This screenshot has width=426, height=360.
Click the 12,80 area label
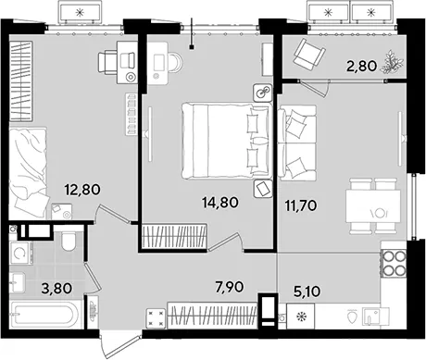pyautogui.click(x=82, y=190)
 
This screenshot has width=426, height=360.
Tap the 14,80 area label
pyautogui.click(x=220, y=203)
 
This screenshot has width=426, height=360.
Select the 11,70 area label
pyautogui.click(x=301, y=205)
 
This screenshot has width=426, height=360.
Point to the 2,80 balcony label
pyautogui.click(x=361, y=66)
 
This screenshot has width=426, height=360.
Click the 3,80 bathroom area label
pyautogui.click(x=56, y=289)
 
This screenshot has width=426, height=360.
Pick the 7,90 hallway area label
pyautogui.click(x=229, y=287)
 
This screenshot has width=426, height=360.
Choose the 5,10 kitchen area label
pyautogui.click(x=307, y=292)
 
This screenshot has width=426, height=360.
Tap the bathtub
pyautogui.click(x=42, y=315)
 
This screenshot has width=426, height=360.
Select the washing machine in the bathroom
pyautogui.click(x=20, y=253)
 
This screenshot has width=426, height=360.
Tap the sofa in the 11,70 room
pyautogui.click(x=297, y=143)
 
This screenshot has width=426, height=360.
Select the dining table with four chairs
pyautogui.click(x=373, y=206)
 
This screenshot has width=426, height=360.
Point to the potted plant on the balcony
pyautogui.click(x=392, y=62)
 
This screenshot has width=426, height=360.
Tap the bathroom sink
pyautogui.click(x=17, y=282)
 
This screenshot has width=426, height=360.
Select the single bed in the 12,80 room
pyautogui.click(x=29, y=174)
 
